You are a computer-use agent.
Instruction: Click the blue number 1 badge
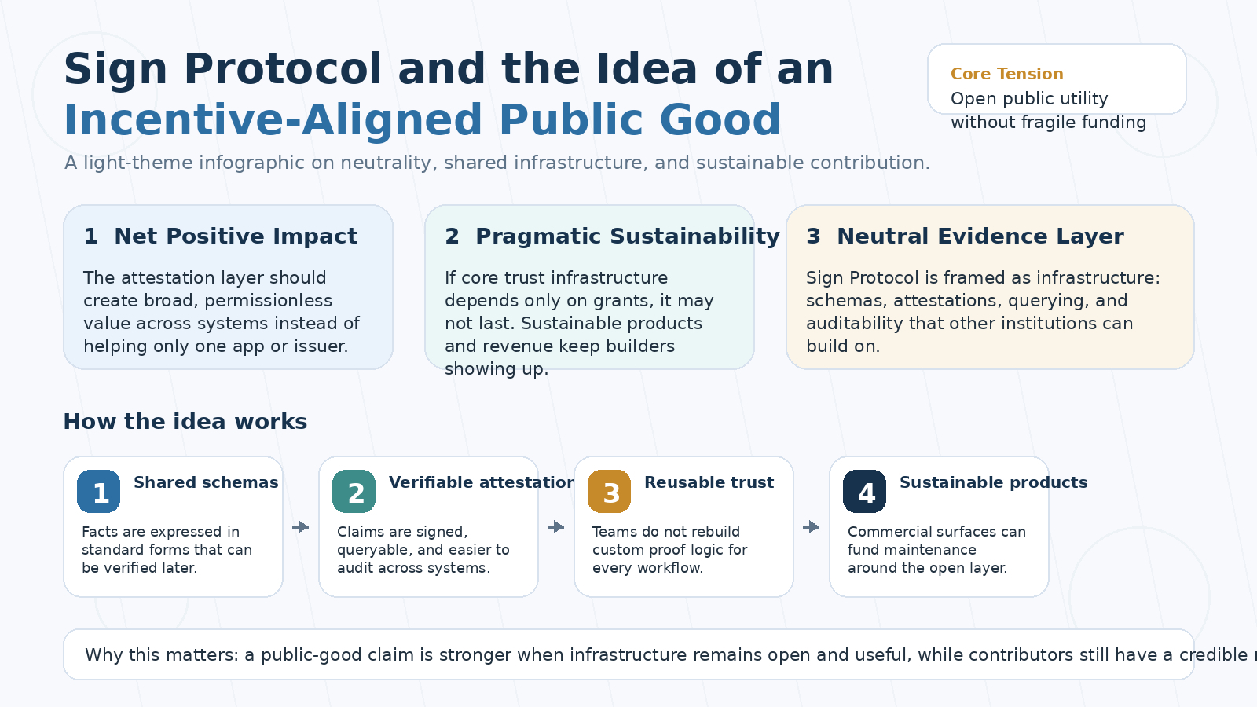pyautogui.click(x=99, y=492)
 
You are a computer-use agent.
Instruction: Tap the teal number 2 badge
pyautogui.click(x=354, y=492)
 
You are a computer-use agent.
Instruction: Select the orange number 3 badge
pyautogui.click(x=610, y=492)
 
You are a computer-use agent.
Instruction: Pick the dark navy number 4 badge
pyautogui.click(x=865, y=492)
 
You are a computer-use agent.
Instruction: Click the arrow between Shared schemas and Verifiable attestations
pyautogui.click(x=301, y=527)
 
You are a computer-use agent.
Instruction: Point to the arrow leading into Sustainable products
pyautogui.click(x=812, y=527)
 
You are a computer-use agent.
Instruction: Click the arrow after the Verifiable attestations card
pyautogui.click(x=556, y=527)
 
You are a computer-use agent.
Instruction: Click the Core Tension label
pyautogui.click(x=1006, y=74)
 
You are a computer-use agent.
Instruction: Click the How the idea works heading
pyautogui.click(x=185, y=421)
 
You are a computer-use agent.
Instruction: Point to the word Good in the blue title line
pyautogui.click(x=720, y=120)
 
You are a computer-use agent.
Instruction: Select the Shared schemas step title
pyautogui.click(x=206, y=482)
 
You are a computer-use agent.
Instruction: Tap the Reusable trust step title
pyautogui.click(x=709, y=482)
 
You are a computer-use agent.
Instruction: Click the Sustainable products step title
pyautogui.click(x=993, y=482)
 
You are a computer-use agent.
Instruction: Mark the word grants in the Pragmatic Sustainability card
pyautogui.click(x=623, y=301)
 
